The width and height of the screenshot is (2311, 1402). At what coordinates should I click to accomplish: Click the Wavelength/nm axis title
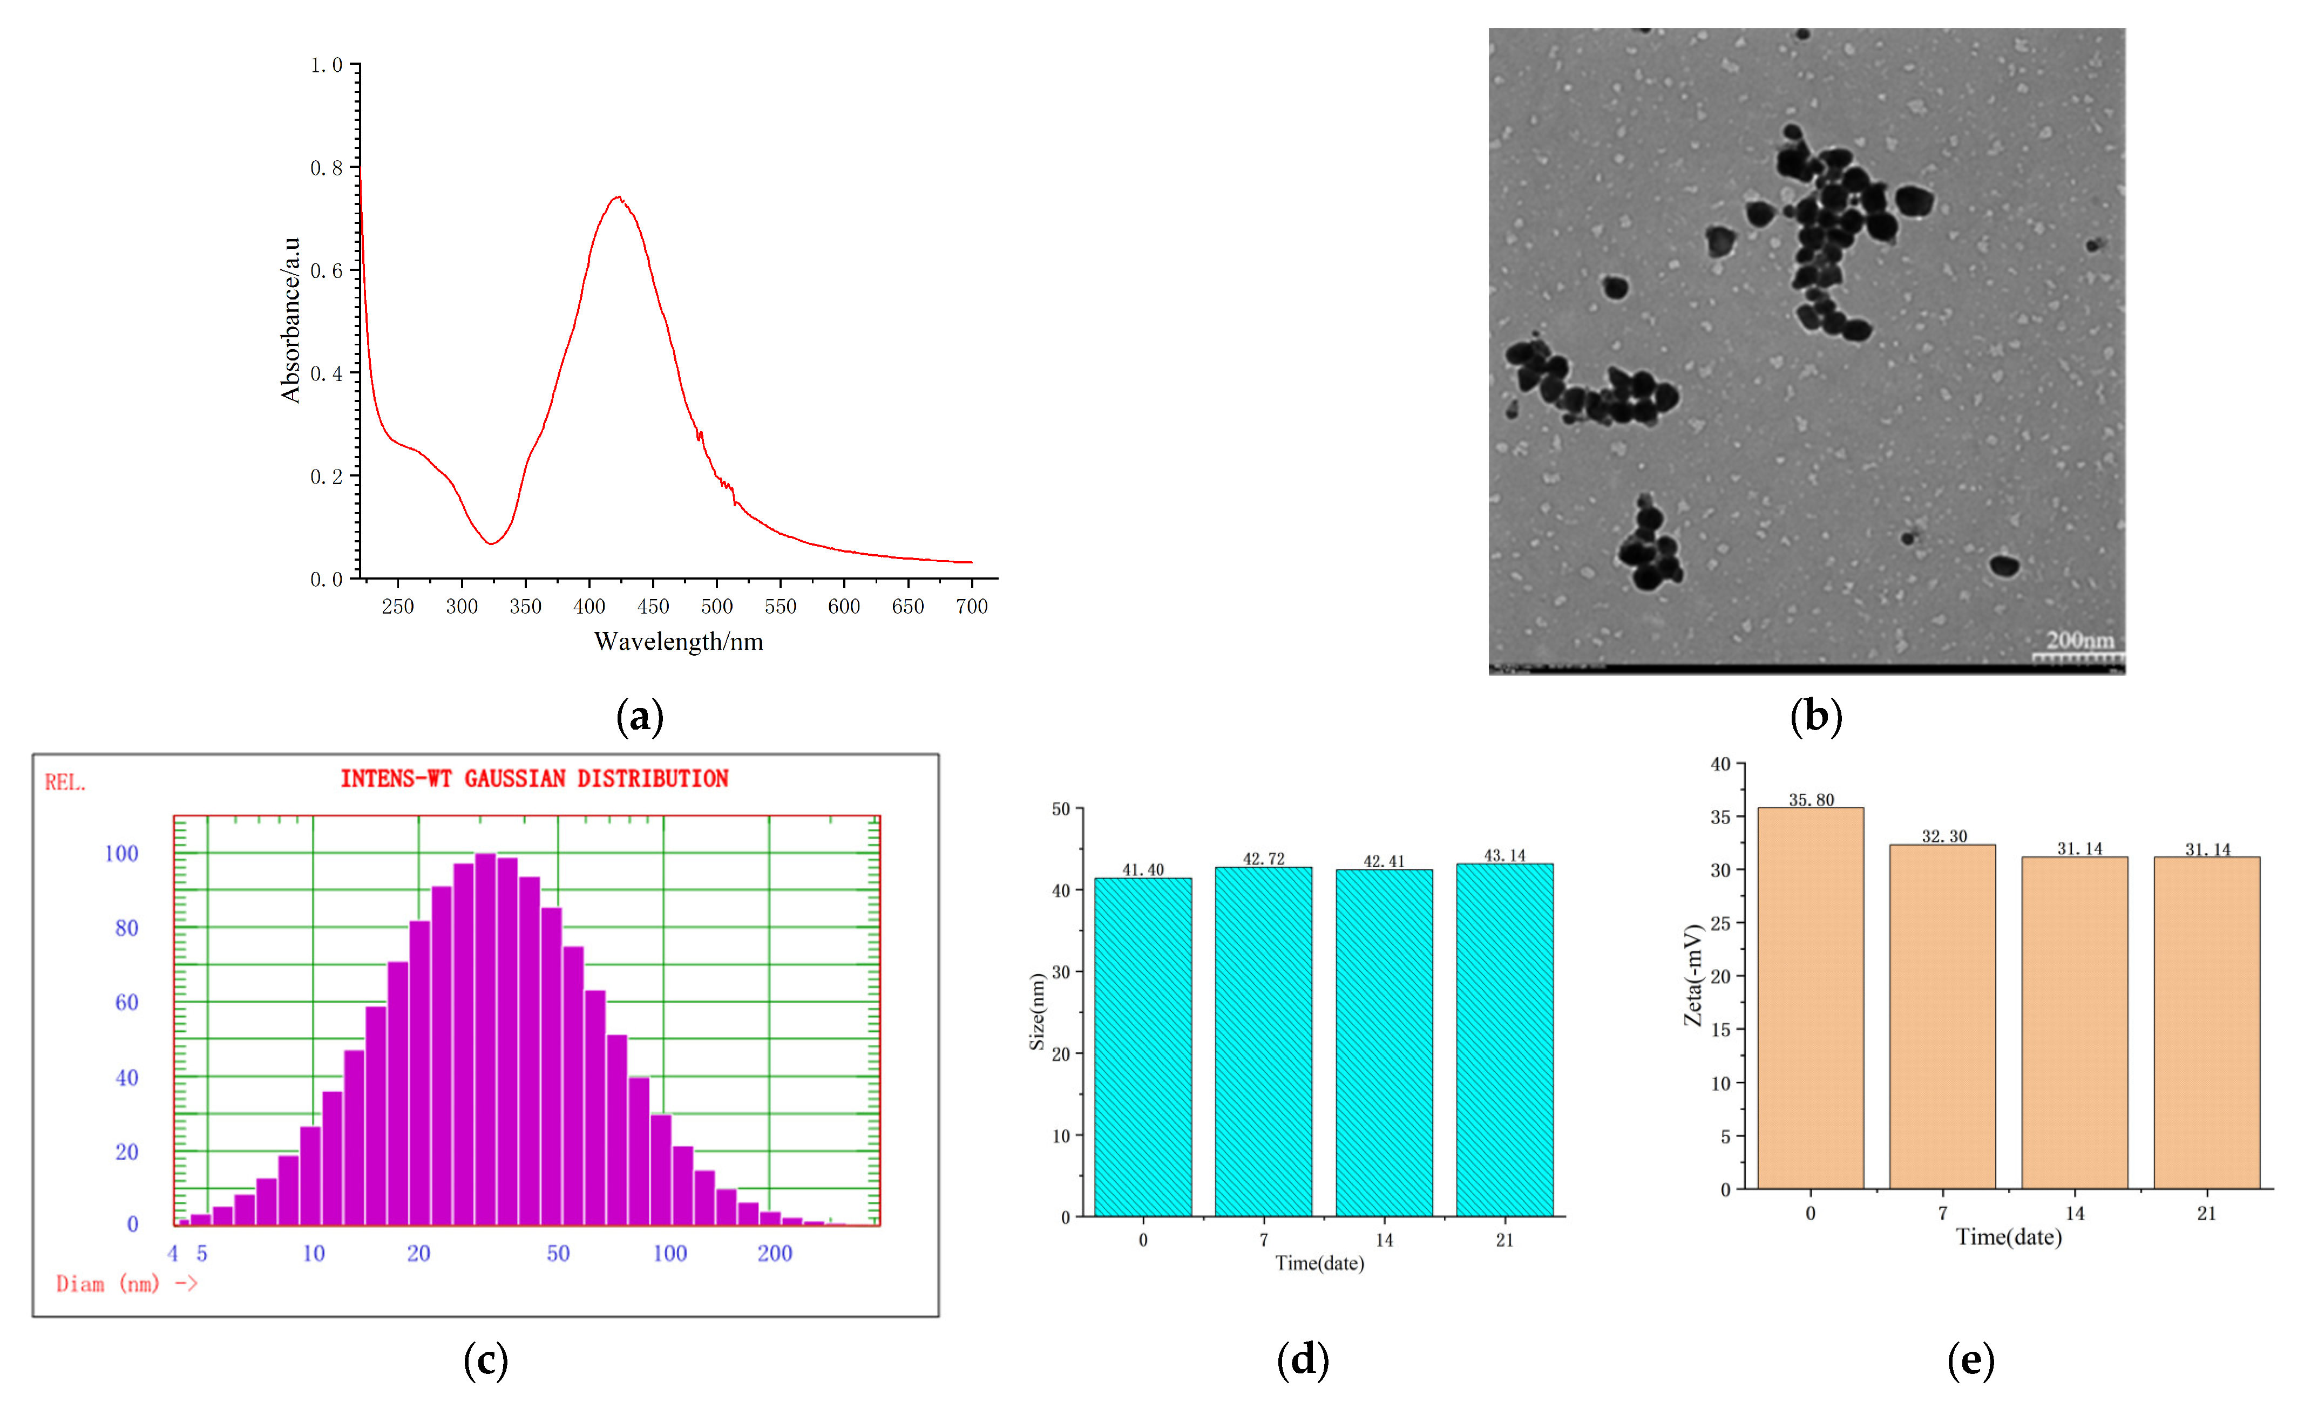[678, 642]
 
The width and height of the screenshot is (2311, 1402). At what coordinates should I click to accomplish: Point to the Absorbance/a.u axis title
[291, 320]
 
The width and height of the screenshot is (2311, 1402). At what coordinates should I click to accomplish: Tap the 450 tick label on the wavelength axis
[653, 607]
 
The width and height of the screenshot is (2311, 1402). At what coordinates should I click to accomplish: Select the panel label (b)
[1816, 717]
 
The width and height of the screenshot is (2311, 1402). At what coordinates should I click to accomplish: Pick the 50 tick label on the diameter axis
[558, 1254]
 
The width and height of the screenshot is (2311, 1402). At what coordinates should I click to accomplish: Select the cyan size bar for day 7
[1263, 1041]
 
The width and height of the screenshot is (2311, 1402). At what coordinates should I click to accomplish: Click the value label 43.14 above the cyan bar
[1504, 855]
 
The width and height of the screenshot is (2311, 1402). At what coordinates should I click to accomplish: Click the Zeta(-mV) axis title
[1692, 975]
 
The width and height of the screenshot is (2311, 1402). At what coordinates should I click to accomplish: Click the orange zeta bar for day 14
[2075, 1022]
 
